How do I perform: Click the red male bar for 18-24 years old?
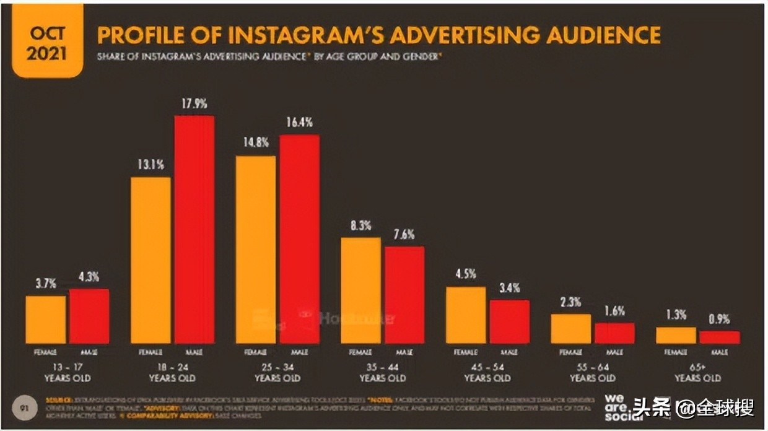point(194,229)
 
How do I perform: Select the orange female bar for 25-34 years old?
point(256,250)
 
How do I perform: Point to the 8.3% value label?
point(360,226)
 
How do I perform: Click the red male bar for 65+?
point(719,337)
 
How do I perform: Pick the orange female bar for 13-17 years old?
point(46,320)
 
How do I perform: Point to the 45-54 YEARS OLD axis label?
point(487,372)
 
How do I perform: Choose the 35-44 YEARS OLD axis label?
point(382,372)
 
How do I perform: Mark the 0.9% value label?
point(719,320)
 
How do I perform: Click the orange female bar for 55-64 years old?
point(570,328)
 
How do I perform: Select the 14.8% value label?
point(256,143)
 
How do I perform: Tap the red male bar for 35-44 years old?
point(404,295)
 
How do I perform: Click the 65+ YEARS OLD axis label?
point(697,372)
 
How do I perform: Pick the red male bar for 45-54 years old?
point(509,321)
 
